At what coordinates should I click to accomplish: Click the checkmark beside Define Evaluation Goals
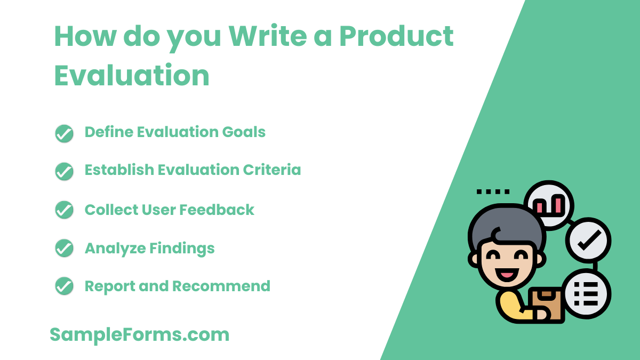pos(65,133)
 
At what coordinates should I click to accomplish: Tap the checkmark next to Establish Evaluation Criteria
pos(65,171)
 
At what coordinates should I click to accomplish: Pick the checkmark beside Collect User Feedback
pos(65,210)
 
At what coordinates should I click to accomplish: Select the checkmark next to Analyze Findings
pos(65,249)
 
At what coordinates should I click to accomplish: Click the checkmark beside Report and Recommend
pos(65,286)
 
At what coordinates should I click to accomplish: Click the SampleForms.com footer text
pos(140,335)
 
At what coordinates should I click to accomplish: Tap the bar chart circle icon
pos(549,205)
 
